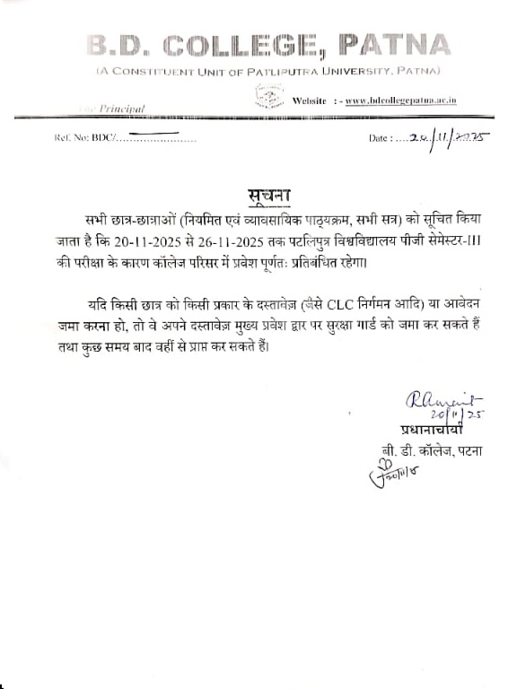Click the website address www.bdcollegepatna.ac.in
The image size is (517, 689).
(x=400, y=100)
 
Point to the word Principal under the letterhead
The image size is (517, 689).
(x=123, y=108)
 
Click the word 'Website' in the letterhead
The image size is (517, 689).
(x=311, y=100)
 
